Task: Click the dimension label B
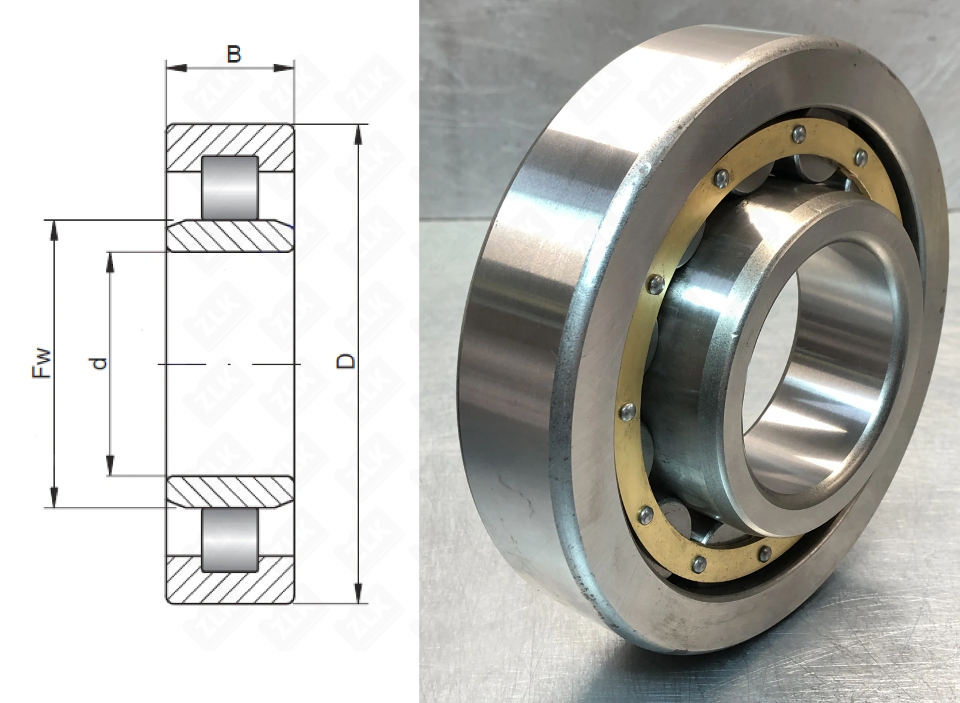[234, 55]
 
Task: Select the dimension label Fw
[41, 363]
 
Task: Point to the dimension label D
[346, 360]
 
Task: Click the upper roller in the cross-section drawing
[230, 188]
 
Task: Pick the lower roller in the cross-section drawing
[230, 540]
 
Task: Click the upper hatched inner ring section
[230, 236]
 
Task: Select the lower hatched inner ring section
[230, 492]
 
